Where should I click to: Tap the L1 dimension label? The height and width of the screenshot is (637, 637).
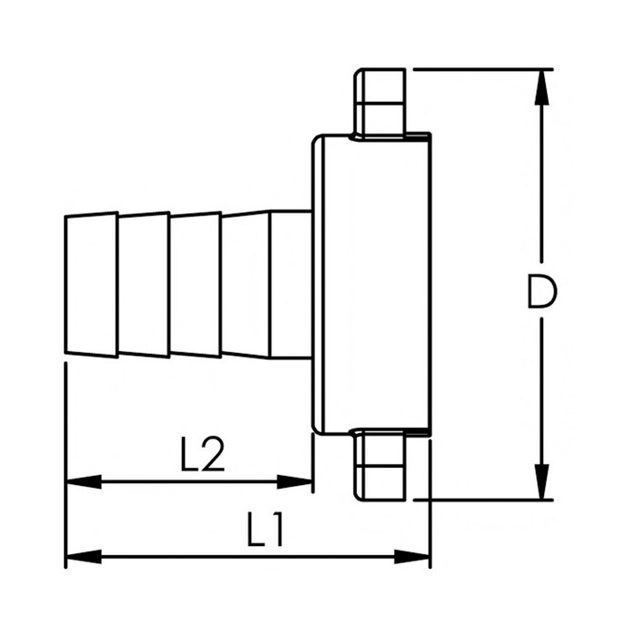point(268,530)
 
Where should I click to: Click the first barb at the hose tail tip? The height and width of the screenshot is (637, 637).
point(91,284)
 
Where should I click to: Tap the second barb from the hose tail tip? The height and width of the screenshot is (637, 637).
point(144,284)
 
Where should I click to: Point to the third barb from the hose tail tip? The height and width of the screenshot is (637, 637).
point(196,284)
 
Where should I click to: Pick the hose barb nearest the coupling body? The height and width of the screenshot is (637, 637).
point(247,284)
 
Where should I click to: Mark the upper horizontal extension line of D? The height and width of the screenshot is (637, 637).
point(482,69)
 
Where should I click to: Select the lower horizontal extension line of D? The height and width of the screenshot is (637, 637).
point(482,499)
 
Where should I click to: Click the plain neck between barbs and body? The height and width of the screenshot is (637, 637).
point(291,284)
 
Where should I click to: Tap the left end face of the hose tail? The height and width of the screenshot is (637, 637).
point(66,284)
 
